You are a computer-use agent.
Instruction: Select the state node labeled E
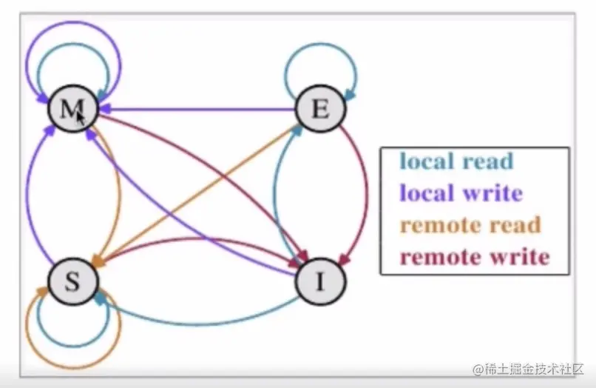320,110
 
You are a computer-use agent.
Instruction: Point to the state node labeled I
320,282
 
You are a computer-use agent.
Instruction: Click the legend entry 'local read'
456,161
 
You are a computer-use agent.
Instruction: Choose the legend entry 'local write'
461,193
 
